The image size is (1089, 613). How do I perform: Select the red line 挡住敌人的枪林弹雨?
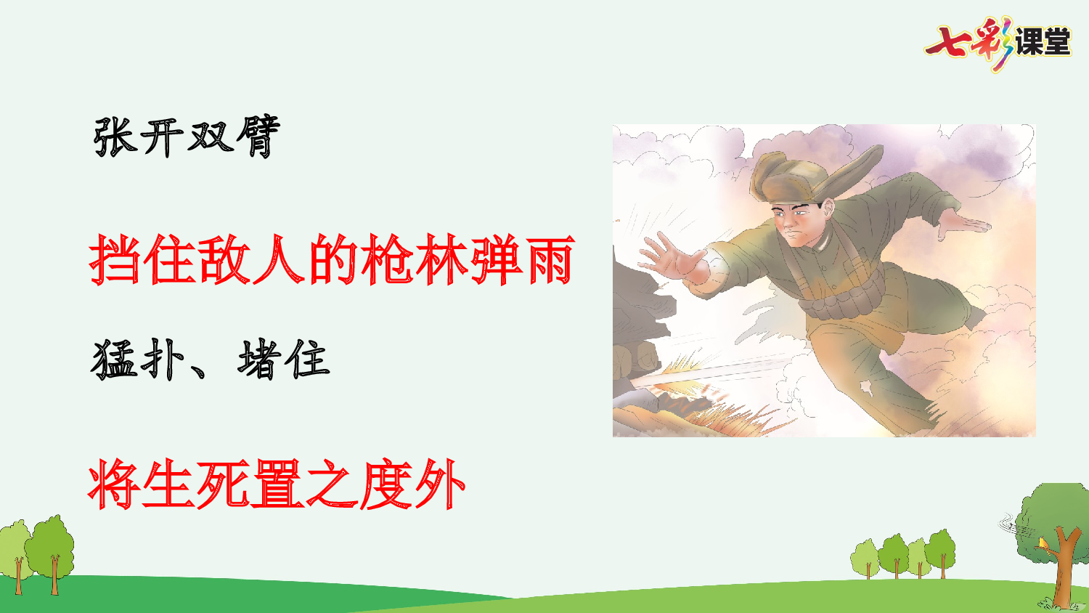[332, 259]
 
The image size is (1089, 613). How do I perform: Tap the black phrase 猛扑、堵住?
[211, 359]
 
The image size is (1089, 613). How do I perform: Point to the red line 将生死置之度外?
[277, 484]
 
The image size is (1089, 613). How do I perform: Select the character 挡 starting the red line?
[115, 259]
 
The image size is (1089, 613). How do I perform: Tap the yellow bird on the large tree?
[1043, 543]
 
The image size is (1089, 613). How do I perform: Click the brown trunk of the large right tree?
[1064, 574]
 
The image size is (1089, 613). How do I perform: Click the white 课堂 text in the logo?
[1043, 42]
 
